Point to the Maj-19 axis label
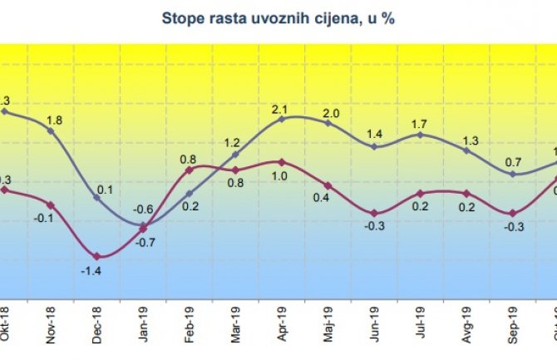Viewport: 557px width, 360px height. (329, 323)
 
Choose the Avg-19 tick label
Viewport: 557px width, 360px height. (467, 323)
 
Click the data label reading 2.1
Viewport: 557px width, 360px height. (280, 108)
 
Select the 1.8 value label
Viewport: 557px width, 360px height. (54, 120)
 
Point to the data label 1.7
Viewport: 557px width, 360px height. (420, 125)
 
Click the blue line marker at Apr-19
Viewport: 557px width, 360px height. (282, 118)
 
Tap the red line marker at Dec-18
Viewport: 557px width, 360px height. (97, 256)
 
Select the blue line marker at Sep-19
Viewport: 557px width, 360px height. (514, 174)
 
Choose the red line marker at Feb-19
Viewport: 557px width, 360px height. (190, 170)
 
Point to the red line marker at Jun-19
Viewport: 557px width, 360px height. (374, 214)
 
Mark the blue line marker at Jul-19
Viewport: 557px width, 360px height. (421, 135)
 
